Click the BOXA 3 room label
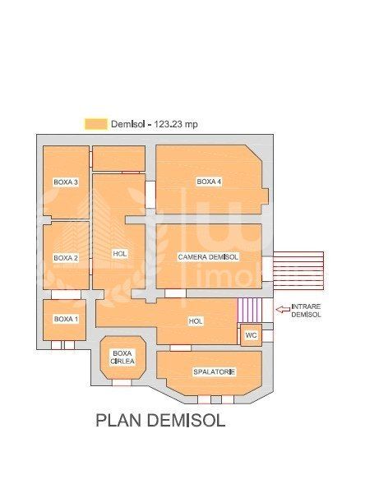pos(66,182)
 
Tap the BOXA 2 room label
pos(66,258)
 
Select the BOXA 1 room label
pos(66,319)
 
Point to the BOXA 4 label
pos(209,182)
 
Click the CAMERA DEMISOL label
pos(208,257)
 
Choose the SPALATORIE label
pos(214,372)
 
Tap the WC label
pos(251,335)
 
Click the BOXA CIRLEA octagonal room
pos(123,357)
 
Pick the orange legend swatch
pos(95,124)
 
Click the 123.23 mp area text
pos(176,124)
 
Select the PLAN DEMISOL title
pos(160,420)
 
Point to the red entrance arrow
pos(283,310)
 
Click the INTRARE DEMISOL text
pos(306,311)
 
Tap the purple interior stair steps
pos(250,310)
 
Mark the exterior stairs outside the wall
pos(298,270)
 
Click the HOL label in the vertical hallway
pos(120,254)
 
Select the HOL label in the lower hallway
pos(196,321)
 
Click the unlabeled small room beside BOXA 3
pos(118,159)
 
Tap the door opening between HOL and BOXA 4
pos(150,194)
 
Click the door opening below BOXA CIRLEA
pos(122,383)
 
